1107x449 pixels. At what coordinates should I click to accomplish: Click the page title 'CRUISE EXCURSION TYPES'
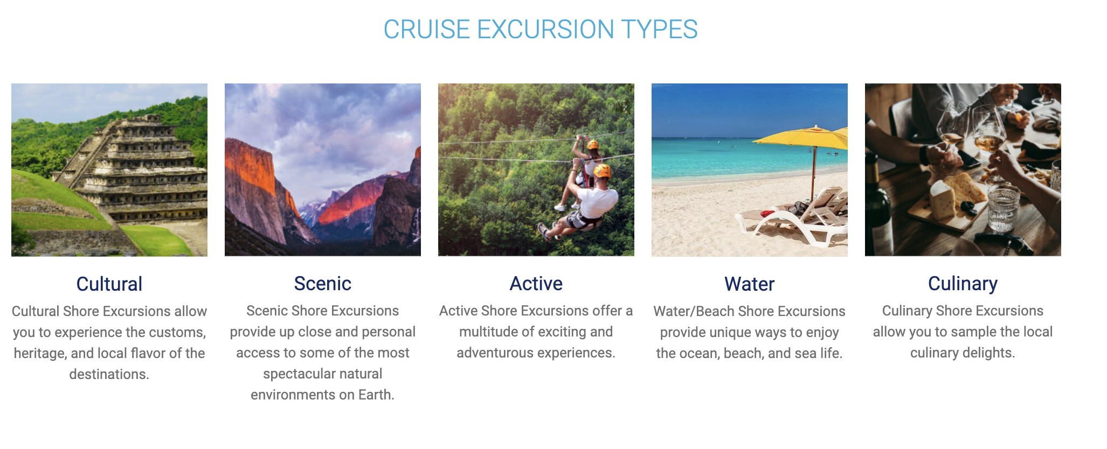[541, 29]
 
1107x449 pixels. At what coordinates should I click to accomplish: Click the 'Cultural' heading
[109, 284]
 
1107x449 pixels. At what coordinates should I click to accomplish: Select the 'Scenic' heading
[323, 283]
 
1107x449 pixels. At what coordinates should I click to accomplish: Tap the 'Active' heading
[536, 283]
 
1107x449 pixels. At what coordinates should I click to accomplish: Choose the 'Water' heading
[750, 284]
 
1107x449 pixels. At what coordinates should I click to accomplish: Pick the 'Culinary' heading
[963, 284]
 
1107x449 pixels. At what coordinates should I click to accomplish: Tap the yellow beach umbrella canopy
[803, 137]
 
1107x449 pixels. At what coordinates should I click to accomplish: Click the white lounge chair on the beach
[792, 221]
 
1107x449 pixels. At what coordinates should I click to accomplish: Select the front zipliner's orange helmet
[602, 171]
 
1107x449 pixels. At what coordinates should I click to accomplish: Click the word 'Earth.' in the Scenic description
[376, 395]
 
